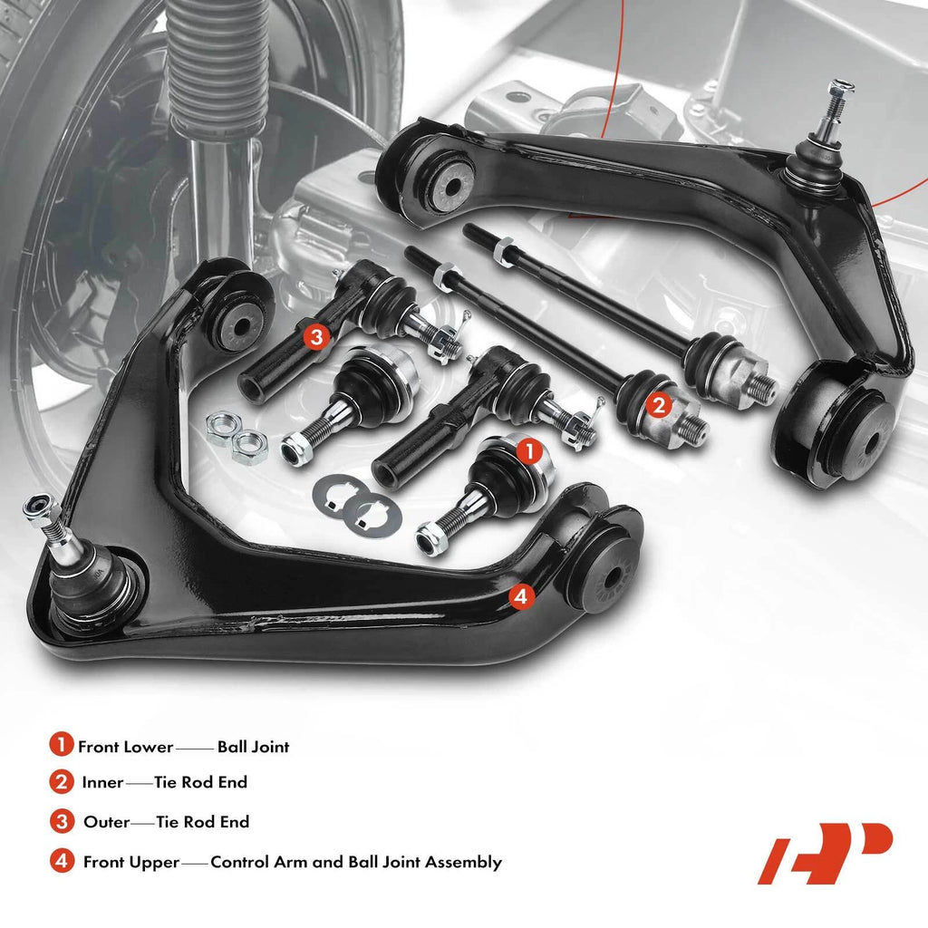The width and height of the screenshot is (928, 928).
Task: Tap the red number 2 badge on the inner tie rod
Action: pyautogui.click(x=659, y=406)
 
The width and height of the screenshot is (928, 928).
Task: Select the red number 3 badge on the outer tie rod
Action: pyautogui.click(x=316, y=337)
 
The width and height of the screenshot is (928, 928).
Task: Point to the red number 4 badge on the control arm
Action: pyautogui.click(x=521, y=596)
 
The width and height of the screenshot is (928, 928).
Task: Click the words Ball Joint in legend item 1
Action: pyautogui.click(x=254, y=747)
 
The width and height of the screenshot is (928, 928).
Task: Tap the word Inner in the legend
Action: pyautogui.click(x=102, y=782)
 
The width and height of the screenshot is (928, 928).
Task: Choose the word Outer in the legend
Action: pyautogui.click(x=107, y=822)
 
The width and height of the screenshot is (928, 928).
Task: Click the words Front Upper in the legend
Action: pyautogui.click(x=130, y=863)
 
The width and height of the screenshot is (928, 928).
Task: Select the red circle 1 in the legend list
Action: pyautogui.click(x=61, y=745)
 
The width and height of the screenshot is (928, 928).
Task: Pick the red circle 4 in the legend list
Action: pyautogui.click(x=62, y=861)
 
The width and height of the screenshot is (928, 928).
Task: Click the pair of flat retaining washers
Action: pyautogui.click(x=357, y=506)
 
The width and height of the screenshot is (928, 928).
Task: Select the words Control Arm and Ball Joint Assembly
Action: pyautogui.click(x=356, y=863)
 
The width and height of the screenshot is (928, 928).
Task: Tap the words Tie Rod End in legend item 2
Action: pyautogui.click(x=200, y=782)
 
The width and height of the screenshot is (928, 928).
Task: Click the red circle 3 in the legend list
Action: pyautogui.click(x=62, y=821)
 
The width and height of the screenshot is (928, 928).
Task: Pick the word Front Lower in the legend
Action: pyautogui.click(x=125, y=747)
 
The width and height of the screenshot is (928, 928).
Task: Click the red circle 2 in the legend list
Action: pyautogui.click(x=62, y=782)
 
